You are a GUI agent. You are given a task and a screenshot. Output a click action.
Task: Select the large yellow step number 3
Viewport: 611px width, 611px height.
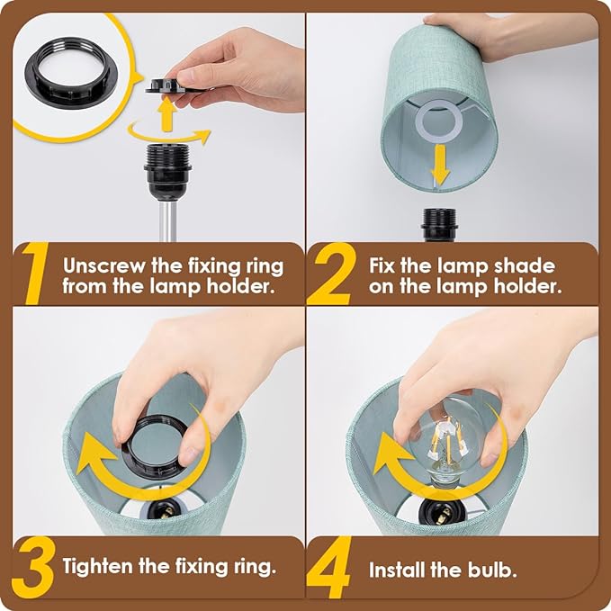coord(33,568)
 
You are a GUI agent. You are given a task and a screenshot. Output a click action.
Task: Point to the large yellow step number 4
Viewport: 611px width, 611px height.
coord(328,567)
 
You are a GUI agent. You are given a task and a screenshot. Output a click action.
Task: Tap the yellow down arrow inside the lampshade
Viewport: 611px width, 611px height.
coord(440,165)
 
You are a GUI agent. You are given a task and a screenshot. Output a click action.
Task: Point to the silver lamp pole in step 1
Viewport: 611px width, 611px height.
coord(167,221)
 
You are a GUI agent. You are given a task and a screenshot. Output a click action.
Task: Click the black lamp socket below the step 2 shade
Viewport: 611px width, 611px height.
coord(439,225)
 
